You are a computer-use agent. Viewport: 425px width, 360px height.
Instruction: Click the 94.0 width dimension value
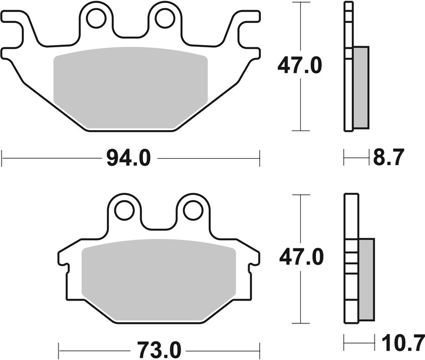[129, 158]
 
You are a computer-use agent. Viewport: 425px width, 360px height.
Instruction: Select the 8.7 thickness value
[389, 158]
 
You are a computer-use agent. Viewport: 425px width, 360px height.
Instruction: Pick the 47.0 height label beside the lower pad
[301, 259]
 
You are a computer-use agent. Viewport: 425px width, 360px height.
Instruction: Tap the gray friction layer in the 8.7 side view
[360, 87]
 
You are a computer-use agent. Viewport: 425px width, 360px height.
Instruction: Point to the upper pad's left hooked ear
[16, 24]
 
